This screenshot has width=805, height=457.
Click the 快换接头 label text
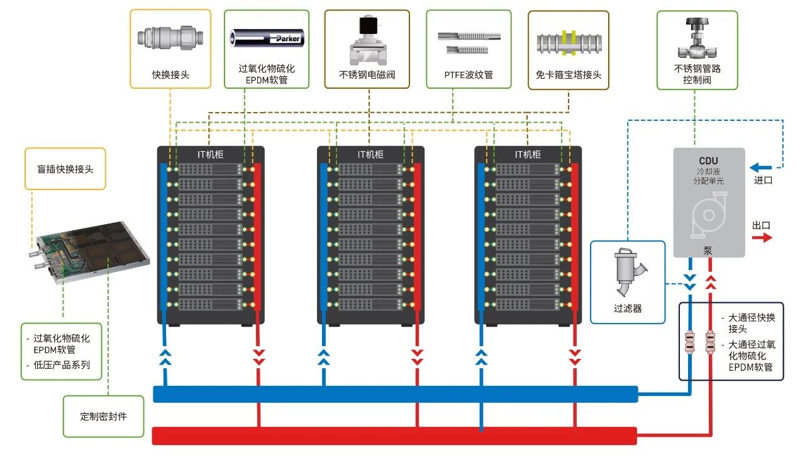[x=170, y=75]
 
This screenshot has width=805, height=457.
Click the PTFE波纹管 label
[x=469, y=75]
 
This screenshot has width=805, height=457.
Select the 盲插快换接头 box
[x=65, y=169]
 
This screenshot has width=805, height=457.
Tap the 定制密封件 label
[x=103, y=416]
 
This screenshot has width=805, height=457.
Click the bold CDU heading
[x=708, y=161]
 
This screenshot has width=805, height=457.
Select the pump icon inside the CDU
[x=709, y=217]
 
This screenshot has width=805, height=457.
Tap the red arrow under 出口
[x=762, y=237]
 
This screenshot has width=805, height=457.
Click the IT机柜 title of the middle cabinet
[x=370, y=154]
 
